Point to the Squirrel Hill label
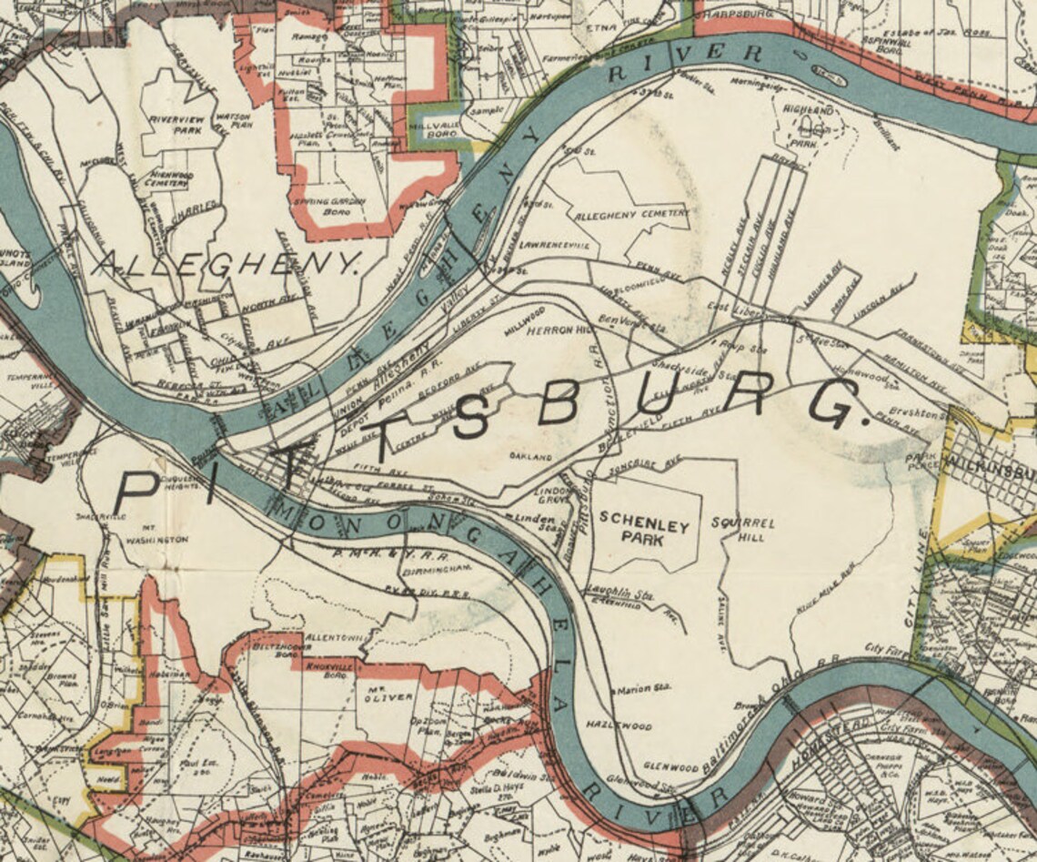[743, 530]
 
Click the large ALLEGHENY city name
[227, 265]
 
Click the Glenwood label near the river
[670, 767]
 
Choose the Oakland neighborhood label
[531, 455]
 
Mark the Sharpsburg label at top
[737, 15]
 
